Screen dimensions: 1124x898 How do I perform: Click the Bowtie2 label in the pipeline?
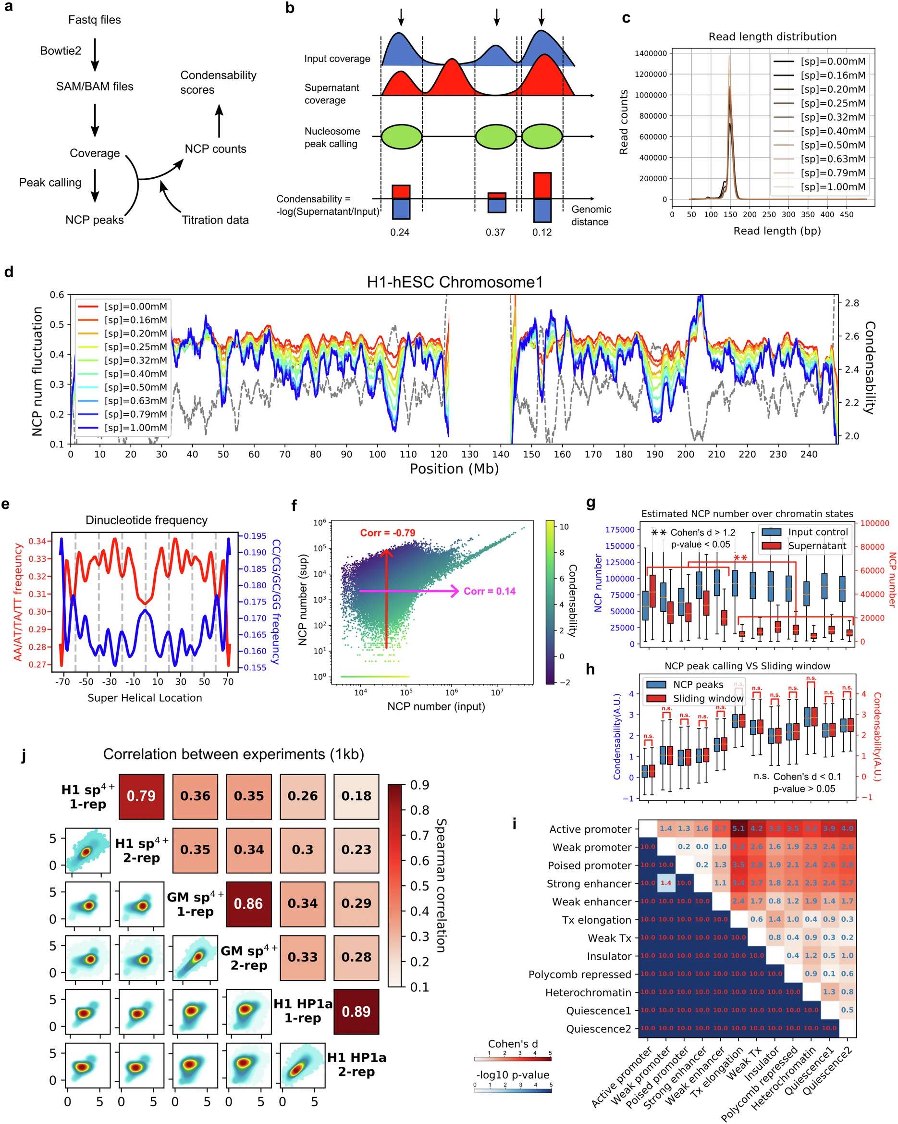pyautogui.click(x=61, y=50)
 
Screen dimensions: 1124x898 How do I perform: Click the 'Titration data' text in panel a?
pyautogui.click(x=215, y=220)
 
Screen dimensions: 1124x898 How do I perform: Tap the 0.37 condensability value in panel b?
pyautogui.click(x=495, y=233)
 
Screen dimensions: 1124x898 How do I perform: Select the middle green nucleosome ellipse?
pyautogui.click(x=496, y=136)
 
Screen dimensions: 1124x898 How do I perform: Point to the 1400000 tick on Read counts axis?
pyautogui.click(x=651, y=53)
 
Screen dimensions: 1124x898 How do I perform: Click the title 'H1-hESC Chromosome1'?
pyautogui.click(x=455, y=282)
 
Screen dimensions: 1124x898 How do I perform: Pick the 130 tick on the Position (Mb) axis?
pyautogui.click(x=470, y=455)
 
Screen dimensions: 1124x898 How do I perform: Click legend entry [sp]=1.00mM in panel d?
pyautogui.click(x=135, y=428)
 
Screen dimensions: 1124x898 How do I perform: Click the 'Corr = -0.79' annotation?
pyautogui.click(x=388, y=533)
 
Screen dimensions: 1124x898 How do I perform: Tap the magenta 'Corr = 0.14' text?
pyautogui.click(x=490, y=591)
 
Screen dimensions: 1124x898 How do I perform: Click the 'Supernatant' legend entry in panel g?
pyautogui.click(x=817, y=546)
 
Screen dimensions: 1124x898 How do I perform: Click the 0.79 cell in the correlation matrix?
pyautogui.click(x=141, y=796)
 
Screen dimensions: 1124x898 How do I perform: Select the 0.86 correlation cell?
pyautogui.click(x=248, y=903)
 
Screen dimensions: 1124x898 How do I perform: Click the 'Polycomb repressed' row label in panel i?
pyautogui.click(x=579, y=975)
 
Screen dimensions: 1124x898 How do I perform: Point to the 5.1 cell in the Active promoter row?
pyautogui.click(x=738, y=828)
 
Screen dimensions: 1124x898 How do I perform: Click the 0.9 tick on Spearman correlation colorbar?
pyautogui.click(x=419, y=785)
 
